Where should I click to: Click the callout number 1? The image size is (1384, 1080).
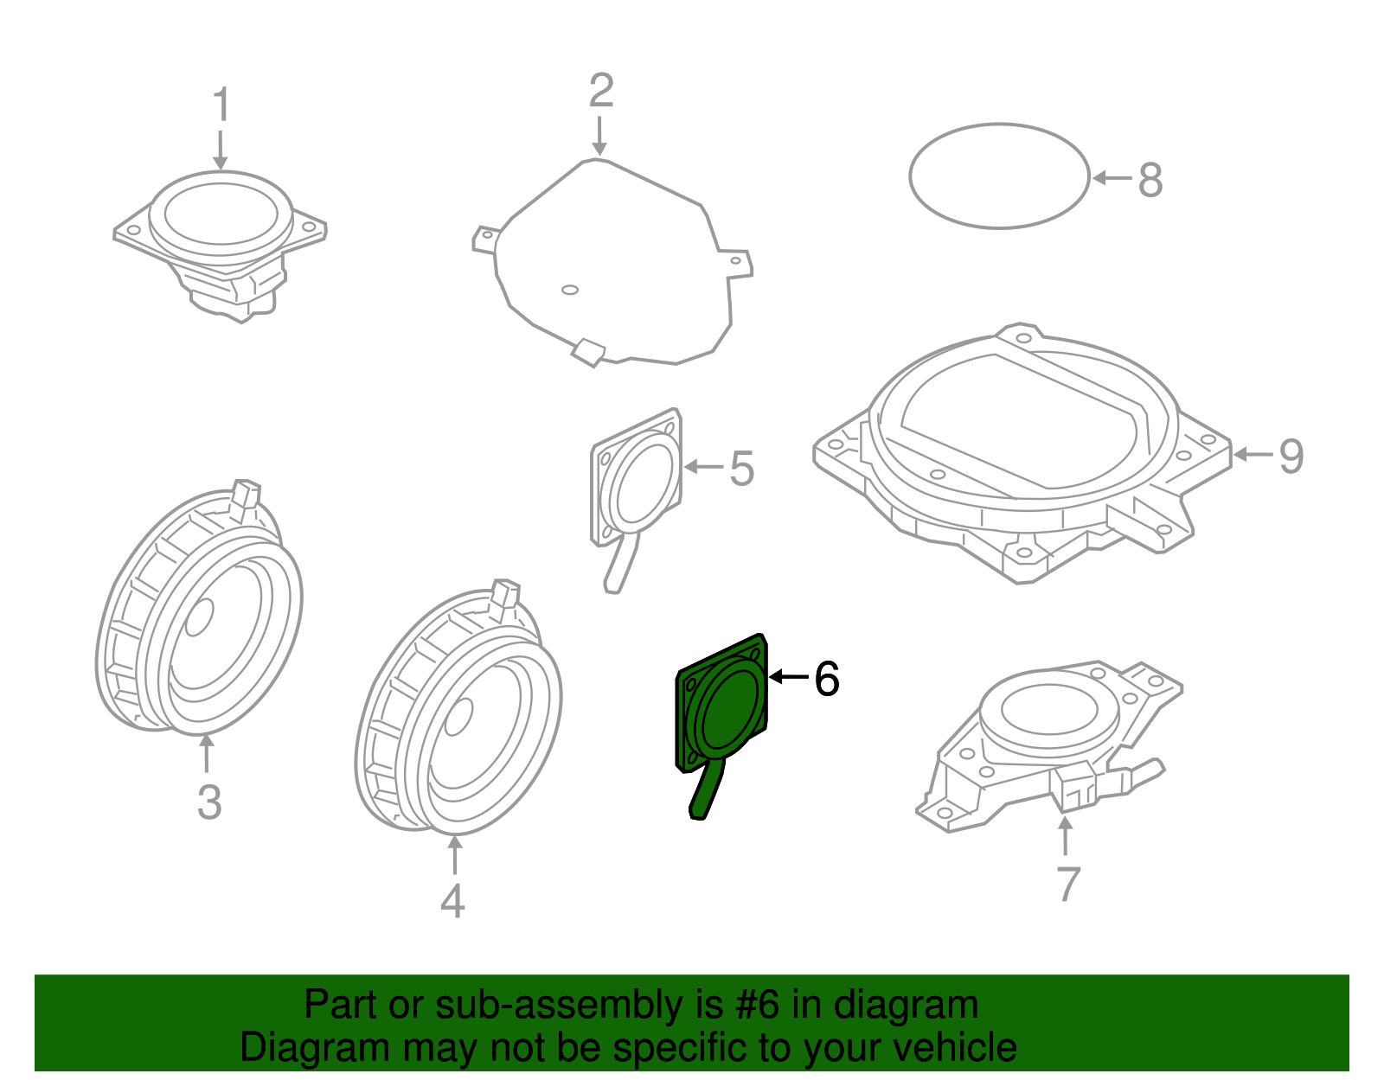pos(221,105)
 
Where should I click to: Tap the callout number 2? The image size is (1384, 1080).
pos(601,92)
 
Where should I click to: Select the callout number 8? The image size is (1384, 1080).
pos(1150,181)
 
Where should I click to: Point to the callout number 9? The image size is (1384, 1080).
pos(1291,456)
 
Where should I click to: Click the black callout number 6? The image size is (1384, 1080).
pos(827,679)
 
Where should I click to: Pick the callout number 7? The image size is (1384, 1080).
pos(1068,884)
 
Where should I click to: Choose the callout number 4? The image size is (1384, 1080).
pos(452,901)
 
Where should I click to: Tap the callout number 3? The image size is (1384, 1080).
pos(209,802)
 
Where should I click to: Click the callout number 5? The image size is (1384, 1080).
pos(741,469)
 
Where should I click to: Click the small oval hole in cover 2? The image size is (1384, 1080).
pos(569,290)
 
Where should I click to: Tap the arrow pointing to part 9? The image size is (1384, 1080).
pos(1253,454)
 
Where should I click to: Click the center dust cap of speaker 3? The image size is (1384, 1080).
pos(199,617)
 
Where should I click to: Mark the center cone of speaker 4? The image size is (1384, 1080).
pos(458,716)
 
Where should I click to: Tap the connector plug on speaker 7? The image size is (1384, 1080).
pos(1073,788)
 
